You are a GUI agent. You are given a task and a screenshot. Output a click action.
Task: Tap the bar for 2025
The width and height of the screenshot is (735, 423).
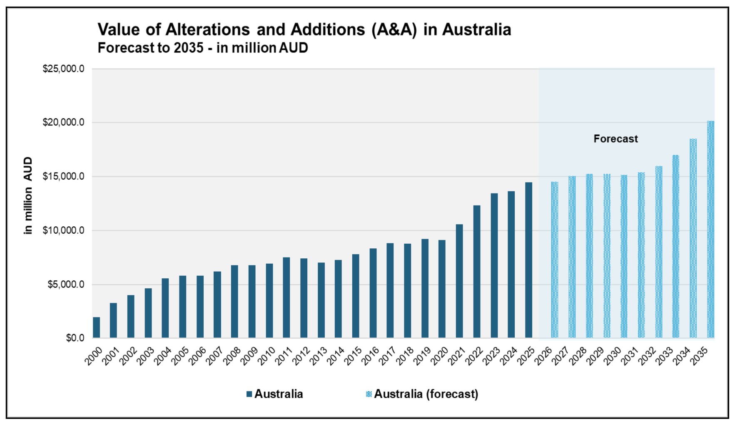[x=528, y=260]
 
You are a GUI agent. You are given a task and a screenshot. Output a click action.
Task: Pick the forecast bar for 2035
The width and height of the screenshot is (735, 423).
[x=710, y=229]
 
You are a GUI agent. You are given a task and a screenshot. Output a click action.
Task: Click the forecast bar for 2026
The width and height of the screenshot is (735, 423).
[x=555, y=260]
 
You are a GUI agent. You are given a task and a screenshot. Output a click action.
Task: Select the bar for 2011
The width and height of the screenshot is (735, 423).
[x=287, y=297]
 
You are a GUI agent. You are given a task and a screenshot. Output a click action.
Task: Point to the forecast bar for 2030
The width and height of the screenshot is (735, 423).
[x=624, y=256]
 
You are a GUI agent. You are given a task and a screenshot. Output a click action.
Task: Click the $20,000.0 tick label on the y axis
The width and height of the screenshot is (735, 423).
[x=63, y=122]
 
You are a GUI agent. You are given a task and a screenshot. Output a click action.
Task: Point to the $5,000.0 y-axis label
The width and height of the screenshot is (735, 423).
[x=66, y=284]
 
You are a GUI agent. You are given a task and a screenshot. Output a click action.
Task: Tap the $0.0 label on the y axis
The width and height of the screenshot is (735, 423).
[x=75, y=338]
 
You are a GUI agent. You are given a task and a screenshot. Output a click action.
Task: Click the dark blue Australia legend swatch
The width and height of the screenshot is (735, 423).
[x=249, y=394]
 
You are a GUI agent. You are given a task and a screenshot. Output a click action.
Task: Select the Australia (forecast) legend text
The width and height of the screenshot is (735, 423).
[x=426, y=394]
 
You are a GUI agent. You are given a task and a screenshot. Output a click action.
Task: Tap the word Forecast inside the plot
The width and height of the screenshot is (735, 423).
[x=615, y=139]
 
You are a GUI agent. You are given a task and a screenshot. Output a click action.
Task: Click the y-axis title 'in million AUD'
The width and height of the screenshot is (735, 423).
[x=28, y=195]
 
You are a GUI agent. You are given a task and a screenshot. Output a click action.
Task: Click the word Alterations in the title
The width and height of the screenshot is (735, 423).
[x=208, y=30]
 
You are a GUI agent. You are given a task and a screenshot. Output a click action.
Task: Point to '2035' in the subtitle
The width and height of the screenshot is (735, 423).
[x=189, y=48]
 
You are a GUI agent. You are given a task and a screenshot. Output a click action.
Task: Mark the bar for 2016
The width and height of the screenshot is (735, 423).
[x=373, y=293]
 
